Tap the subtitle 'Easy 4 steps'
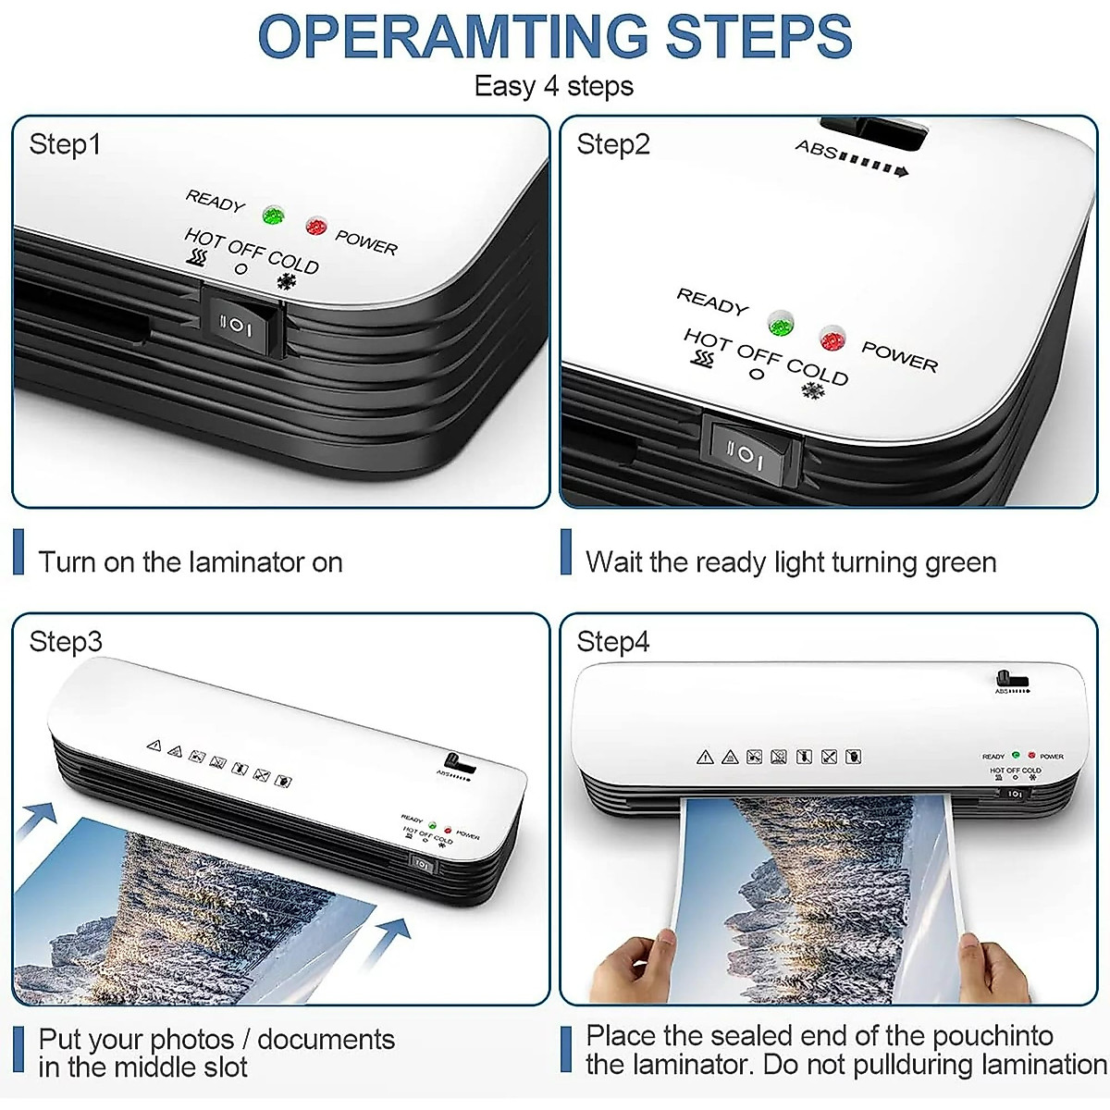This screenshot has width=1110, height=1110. (553, 86)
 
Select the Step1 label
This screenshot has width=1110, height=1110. (65, 144)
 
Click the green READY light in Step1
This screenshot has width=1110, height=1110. (272, 216)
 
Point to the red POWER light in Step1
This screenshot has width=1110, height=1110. (315, 225)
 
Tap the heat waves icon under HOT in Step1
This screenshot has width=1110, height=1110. (195, 258)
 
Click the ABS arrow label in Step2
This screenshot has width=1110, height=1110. (851, 158)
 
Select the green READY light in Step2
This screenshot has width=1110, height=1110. (781, 323)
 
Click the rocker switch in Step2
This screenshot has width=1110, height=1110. (750, 452)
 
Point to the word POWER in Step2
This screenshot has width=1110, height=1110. (899, 356)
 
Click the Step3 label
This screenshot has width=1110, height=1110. (65, 642)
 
